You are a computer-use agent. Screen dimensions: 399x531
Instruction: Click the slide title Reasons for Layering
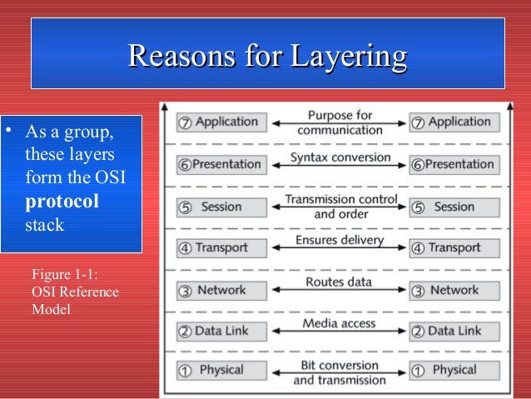[267, 57]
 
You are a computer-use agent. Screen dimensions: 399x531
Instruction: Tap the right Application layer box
[454, 122]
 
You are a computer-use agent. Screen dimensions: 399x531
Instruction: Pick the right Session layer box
[454, 207]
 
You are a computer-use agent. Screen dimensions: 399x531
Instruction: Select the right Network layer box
[454, 290]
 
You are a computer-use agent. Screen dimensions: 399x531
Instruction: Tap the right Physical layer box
[454, 370]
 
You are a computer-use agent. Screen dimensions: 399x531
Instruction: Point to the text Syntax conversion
[340, 157]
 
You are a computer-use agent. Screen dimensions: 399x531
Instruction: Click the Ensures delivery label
[340, 241]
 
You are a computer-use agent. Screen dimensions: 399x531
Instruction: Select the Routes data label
[340, 282]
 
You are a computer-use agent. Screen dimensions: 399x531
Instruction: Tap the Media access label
[340, 323]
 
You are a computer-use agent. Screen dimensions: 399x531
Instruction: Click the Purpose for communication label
[340, 122]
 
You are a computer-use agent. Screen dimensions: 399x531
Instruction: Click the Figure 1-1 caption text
[74, 292]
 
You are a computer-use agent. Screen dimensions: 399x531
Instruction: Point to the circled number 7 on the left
[185, 122]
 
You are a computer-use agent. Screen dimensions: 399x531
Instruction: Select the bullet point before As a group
[7, 132]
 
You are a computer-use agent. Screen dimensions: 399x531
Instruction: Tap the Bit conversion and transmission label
[340, 372]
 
